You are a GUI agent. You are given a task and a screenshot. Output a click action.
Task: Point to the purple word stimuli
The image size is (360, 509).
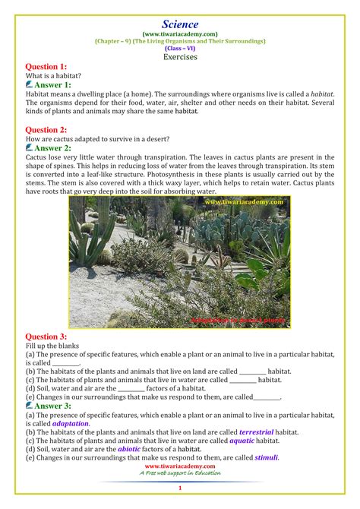267,457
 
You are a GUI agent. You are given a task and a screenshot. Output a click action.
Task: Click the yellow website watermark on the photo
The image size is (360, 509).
243,202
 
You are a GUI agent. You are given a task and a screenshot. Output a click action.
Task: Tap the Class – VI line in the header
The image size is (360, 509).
180,48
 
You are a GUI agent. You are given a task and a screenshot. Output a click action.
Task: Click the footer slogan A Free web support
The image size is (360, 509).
180,473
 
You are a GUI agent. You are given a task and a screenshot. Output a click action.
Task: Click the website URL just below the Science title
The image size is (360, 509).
180,34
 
